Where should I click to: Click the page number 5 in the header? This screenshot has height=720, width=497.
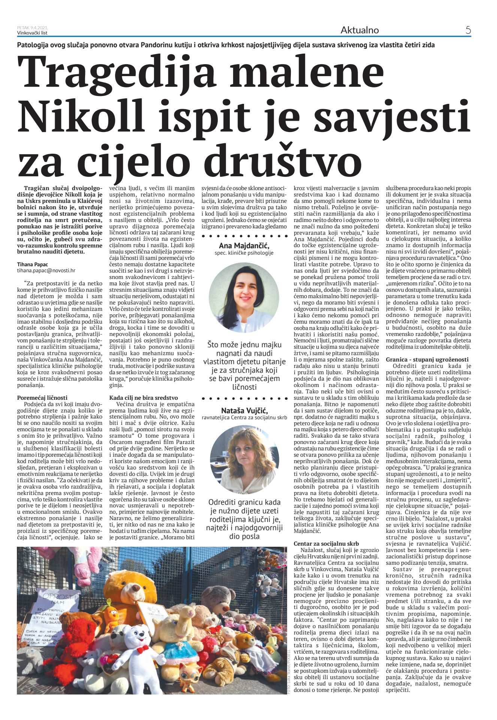(x=468, y=30)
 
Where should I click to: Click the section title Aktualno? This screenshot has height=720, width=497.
(x=359, y=30)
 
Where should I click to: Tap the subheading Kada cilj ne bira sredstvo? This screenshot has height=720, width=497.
(x=144, y=397)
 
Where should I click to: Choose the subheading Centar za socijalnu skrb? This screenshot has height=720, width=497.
(x=326, y=543)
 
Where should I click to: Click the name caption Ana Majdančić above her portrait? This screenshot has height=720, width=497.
(x=244, y=246)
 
